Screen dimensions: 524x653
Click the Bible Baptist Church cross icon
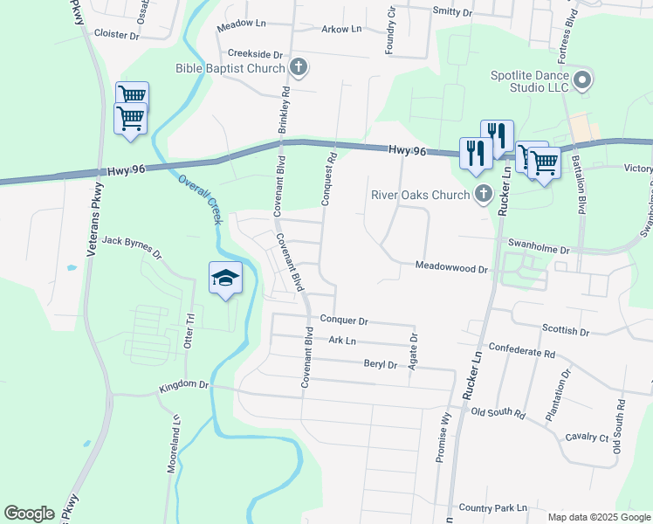click(x=298, y=67)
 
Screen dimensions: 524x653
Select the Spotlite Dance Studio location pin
click(x=583, y=82)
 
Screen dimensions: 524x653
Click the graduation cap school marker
click(x=225, y=278)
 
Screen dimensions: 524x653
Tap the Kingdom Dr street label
click(x=184, y=384)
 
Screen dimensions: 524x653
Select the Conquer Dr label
click(x=343, y=321)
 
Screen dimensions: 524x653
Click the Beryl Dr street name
click(x=375, y=364)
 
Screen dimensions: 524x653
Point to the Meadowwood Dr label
click(x=450, y=269)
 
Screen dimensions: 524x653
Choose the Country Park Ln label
click(x=493, y=507)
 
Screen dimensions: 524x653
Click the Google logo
click(x=29, y=514)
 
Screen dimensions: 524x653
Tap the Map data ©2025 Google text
click(x=598, y=517)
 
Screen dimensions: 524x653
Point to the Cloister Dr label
click(x=116, y=36)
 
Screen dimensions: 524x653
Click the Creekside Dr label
click(x=256, y=53)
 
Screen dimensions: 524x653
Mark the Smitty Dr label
click(x=452, y=12)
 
